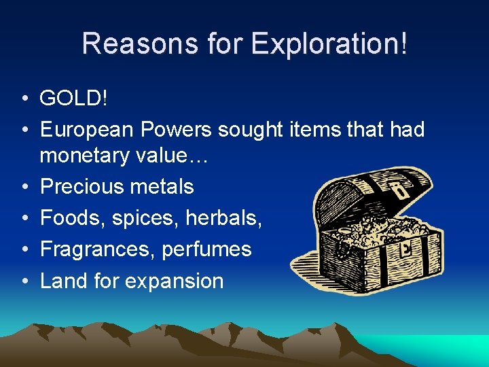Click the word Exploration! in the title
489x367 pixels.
(x=330, y=43)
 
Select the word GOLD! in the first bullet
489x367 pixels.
(x=73, y=98)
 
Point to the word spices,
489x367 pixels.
(x=139, y=218)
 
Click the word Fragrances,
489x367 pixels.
(x=98, y=249)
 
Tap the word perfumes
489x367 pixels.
(x=206, y=249)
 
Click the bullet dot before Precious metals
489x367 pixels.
(x=23, y=187)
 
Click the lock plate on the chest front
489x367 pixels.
(x=406, y=247)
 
